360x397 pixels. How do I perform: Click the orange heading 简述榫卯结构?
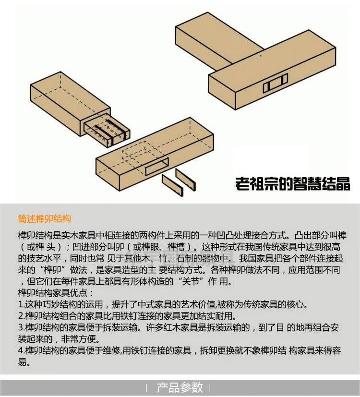[x=44, y=219]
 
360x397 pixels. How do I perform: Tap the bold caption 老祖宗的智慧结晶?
[x=292, y=183]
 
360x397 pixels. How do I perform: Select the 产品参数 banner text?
[x=180, y=387]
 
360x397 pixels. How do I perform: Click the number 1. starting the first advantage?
[x=21, y=305]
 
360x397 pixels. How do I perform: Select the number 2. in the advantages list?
[x=21, y=316]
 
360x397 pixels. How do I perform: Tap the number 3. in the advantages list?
[x=21, y=328]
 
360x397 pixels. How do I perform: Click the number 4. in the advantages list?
[x=21, y=351]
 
